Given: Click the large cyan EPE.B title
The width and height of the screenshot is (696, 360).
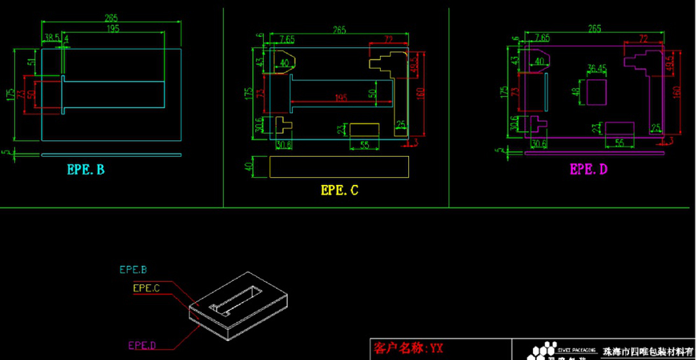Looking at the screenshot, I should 85,169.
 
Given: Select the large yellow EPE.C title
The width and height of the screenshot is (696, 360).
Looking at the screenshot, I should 339,189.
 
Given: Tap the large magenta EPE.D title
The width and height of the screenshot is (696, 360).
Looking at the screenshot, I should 588,169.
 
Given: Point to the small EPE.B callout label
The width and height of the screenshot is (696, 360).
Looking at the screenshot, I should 133,270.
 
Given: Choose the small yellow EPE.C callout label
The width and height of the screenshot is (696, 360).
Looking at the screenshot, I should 146,288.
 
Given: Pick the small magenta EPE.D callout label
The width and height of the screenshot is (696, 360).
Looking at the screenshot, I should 142,345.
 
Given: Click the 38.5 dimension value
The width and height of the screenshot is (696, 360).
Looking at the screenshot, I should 51,38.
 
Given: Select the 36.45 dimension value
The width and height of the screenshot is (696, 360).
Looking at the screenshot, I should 597,68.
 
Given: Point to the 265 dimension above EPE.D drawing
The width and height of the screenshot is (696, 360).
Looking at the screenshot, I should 594,29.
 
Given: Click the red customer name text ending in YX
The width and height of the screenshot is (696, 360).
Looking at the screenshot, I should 408,348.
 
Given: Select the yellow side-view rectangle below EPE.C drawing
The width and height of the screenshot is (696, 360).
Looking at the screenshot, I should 339,167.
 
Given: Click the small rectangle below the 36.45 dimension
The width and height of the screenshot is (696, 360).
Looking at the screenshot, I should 597,91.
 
